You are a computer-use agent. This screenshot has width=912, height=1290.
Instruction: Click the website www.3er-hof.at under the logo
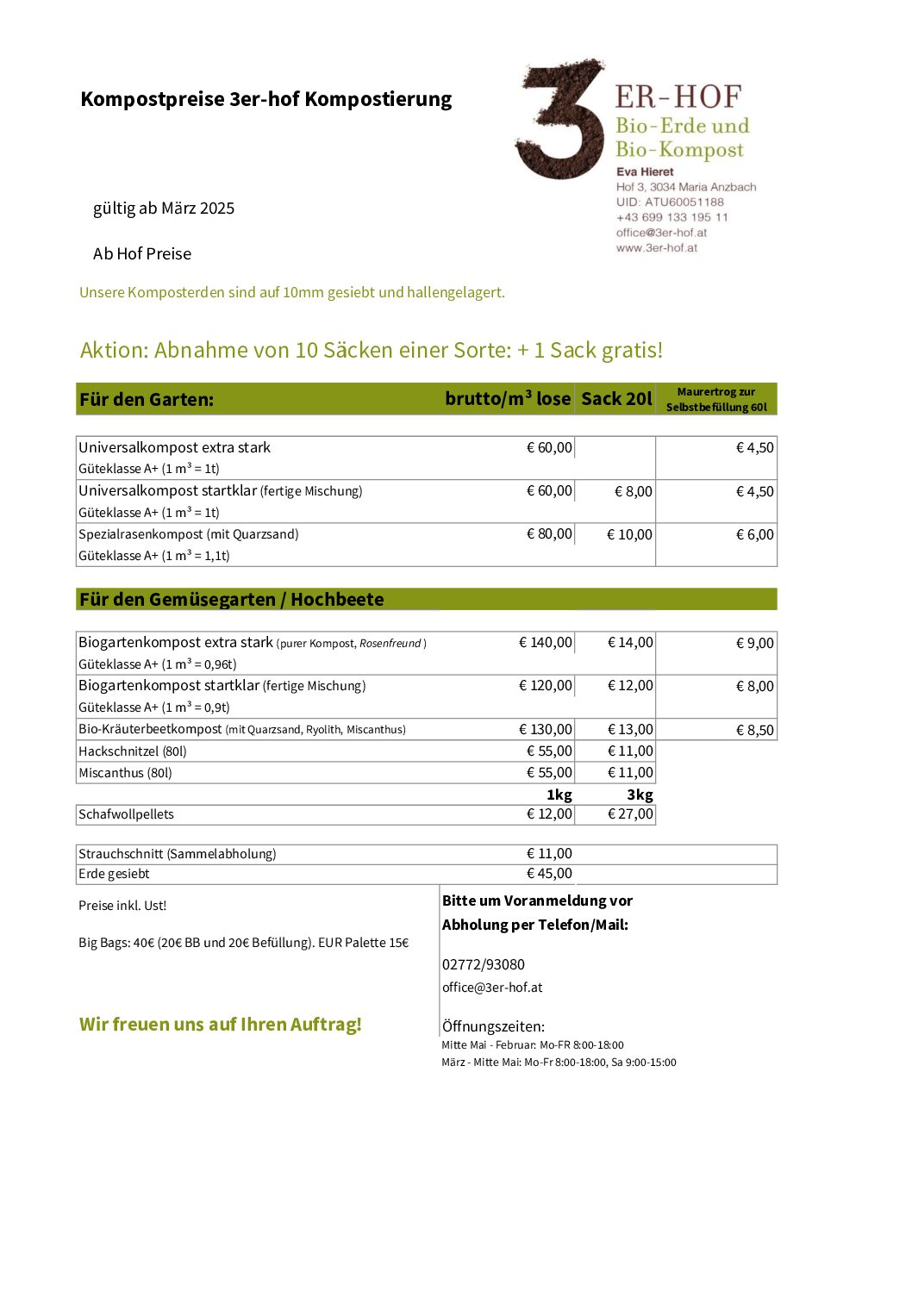click(x=657, y=248)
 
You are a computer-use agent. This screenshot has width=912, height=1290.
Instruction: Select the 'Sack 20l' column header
click(x=616, y=399)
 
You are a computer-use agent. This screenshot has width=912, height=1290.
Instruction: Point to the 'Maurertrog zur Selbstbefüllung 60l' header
click(x=716, y=400)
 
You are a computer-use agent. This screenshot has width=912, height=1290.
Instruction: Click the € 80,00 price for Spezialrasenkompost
click(x=549, y=534)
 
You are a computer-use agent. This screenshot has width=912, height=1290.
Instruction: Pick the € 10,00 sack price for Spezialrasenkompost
click(x=629, y=535)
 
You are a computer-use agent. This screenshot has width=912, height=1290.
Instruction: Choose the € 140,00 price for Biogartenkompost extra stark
click(x=546, y=643)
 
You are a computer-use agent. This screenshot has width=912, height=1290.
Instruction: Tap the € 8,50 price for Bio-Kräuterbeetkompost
click(x=755, y=731)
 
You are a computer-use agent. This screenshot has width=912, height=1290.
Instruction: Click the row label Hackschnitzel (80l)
click(x=133, y=751)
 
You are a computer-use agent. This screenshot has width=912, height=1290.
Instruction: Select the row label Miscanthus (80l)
click(x=125, y=773)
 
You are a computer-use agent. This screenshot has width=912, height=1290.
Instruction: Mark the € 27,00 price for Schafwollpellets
click(x=630, y=814)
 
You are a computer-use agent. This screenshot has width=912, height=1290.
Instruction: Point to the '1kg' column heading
click(x=559, y=795)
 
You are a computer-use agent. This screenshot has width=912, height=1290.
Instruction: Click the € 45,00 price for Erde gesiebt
click(x=549, y=874)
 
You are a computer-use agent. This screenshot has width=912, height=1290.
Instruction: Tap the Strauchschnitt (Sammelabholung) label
click(x=178, y=854)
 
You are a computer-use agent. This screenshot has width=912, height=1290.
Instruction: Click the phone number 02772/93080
click(x=484, y=965)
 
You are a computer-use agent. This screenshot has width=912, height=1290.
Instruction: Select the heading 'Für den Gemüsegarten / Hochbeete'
click(x=231, y=600)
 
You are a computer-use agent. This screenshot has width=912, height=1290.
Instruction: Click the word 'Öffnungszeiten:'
click(x=493, y=1027)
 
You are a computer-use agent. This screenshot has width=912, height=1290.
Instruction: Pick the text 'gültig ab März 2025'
click(x=164, y=209)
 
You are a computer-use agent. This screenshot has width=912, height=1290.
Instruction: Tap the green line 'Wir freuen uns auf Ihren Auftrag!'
click(x=221, y=1025)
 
